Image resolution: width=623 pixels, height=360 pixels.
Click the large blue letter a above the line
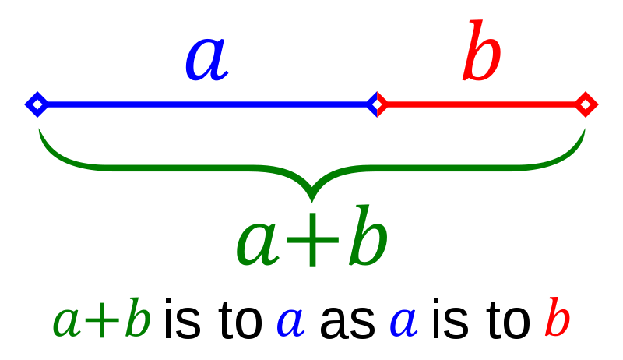coord(206,61)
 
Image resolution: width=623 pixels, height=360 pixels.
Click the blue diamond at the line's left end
coord(37,104)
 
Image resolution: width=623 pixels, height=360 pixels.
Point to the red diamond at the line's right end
coord(586,104)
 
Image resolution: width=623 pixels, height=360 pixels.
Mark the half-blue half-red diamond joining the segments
coord(377,104)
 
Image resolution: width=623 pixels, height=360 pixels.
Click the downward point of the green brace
coord(311,195)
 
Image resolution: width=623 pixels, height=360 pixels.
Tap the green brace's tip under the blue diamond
coord(40,132)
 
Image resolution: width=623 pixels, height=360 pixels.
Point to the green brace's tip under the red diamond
coord(583,132)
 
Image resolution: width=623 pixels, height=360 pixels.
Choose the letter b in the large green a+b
coord(368,237)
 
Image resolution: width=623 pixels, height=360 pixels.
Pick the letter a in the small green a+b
coord(67,323)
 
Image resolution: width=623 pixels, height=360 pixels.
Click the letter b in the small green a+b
coord(137,318)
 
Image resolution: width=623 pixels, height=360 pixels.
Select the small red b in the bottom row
coord(558,318)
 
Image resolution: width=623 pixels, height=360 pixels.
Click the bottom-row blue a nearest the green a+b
coord(290,322)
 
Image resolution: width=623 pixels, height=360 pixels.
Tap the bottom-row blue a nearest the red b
coord(403,322)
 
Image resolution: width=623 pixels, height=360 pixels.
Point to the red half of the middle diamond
coord(381,104)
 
